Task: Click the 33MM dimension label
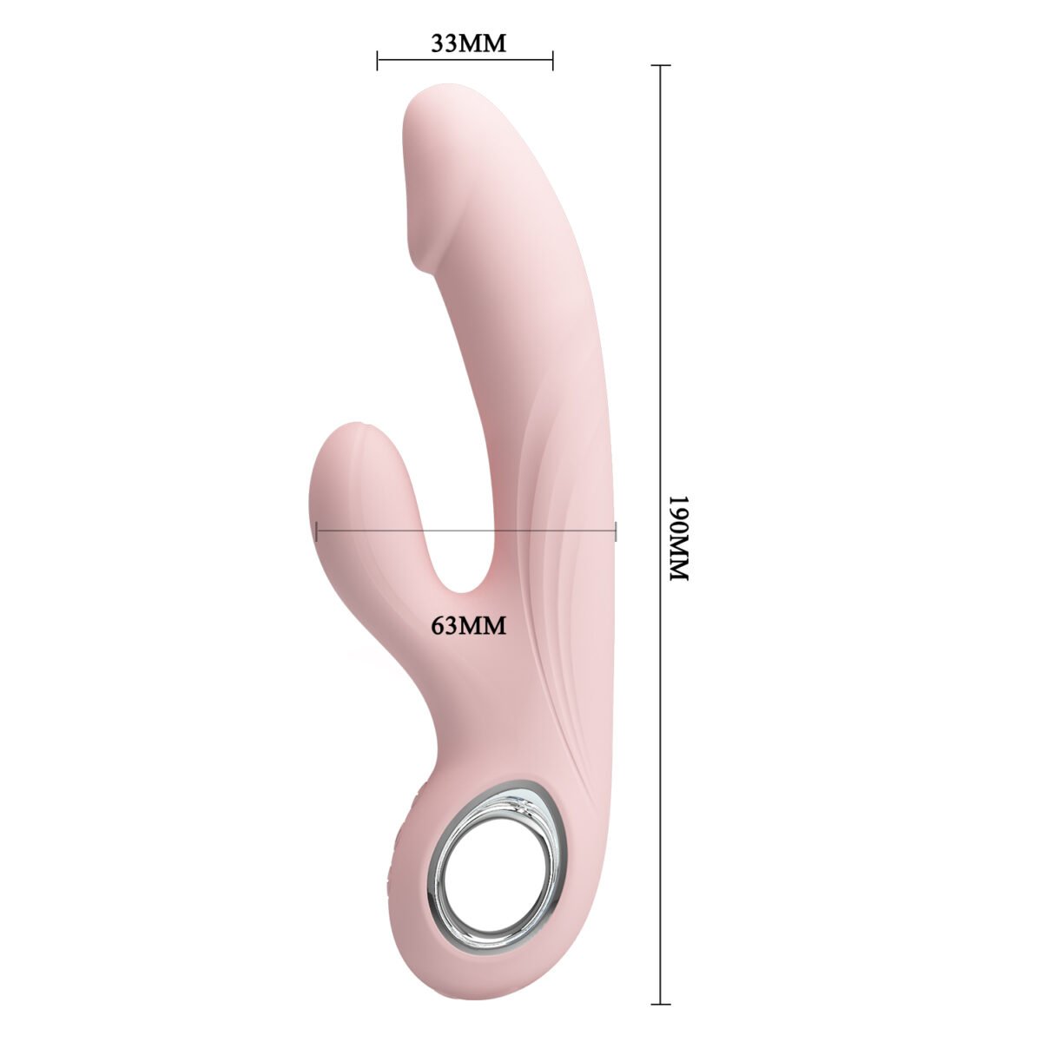(x=468, y=43)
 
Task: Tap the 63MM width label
(x=468, y=624)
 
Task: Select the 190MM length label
(x=677, y=539)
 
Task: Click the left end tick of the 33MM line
(x=378, y=60)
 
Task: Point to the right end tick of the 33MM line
(x=553, y=60)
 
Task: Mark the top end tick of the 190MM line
(x=661, y=66)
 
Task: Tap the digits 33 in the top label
(x=445, y=43)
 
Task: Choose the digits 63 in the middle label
(x=445, y=624)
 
